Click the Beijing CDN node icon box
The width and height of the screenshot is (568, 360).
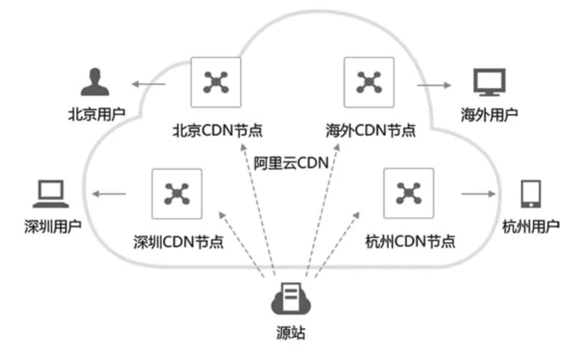(215, 82)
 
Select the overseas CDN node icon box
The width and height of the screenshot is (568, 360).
(370, 82)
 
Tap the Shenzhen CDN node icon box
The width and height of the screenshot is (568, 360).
(176, 193)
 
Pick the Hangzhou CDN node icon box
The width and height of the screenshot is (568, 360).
(408, 193)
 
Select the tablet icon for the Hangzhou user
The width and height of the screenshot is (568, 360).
(530, 194)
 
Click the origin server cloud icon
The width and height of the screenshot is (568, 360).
(291, 301)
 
